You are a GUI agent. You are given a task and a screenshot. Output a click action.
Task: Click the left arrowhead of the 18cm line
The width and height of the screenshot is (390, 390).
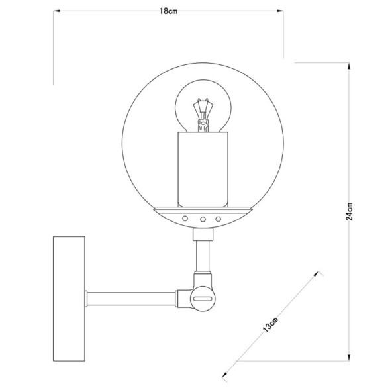(x=56, y=11)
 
